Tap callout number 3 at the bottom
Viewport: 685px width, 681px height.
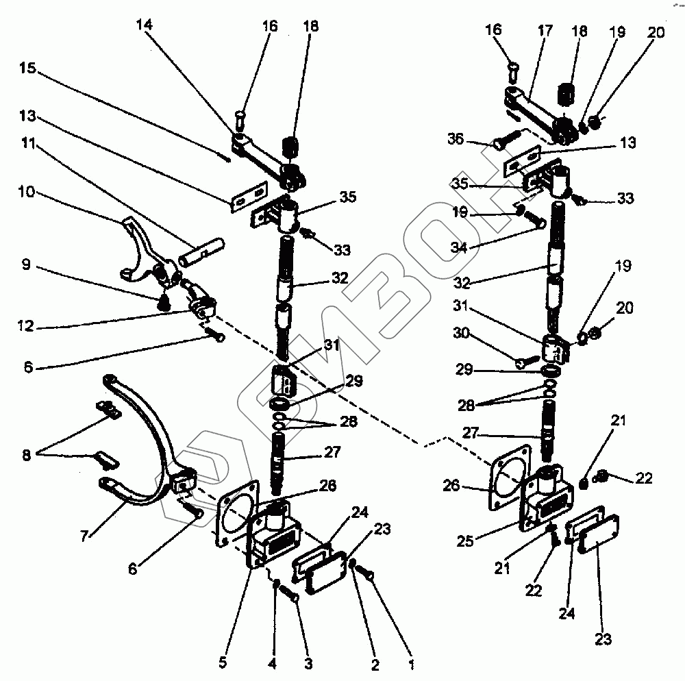coord(308,663)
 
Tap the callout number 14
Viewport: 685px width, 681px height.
coord(145,25)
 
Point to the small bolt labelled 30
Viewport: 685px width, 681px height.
coord(526,361)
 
